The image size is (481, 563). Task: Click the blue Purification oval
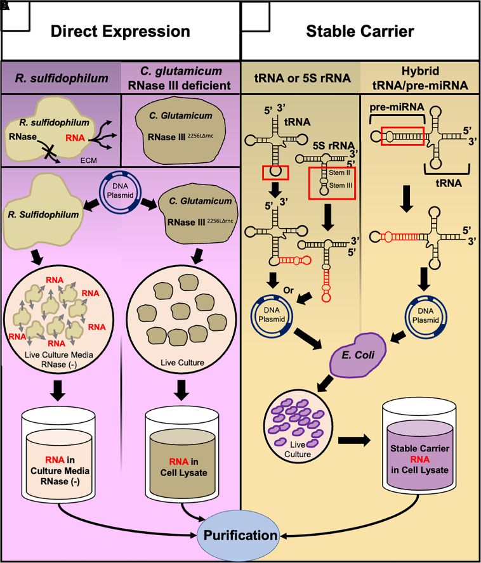click(x=240, y=535)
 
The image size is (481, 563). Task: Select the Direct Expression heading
click(x=120, y=31)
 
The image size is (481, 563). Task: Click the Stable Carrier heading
click(x=360, y=31)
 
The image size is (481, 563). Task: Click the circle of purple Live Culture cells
click(x=294, y=422)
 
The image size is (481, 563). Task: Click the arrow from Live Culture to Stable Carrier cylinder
click(x=357, y=439)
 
